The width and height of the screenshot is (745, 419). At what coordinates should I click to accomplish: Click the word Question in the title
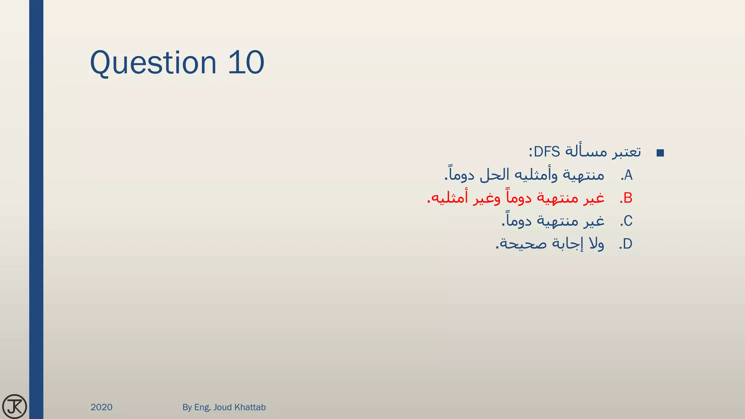tap(153, 63)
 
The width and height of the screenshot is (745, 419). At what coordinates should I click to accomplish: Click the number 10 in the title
tap(246, 63)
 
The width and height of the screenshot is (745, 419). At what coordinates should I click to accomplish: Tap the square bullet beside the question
tap(660, 153)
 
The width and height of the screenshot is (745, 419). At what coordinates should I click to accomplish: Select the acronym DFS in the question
tap(547, 152)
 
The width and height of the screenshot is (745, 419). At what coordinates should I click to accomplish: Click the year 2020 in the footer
tap(101, 407)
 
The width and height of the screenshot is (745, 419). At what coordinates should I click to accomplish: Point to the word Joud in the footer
tap(222, 407)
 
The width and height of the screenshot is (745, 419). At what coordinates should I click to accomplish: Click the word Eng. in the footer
tap(203, 407)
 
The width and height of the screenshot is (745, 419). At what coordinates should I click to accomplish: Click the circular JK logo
tap(15, 406)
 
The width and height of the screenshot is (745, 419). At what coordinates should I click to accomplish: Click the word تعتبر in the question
tap(626, 152)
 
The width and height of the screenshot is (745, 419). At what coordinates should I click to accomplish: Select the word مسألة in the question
tap(585, 152)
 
